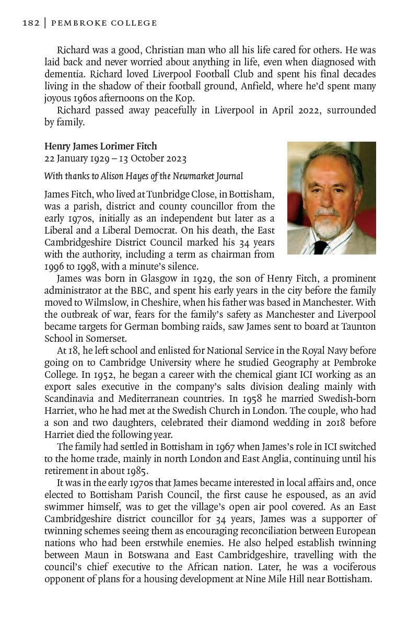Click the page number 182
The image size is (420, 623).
(x=31, y=23)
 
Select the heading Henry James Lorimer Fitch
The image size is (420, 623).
(x=100, y=146)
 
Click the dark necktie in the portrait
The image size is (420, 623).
(x=320, y=246)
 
